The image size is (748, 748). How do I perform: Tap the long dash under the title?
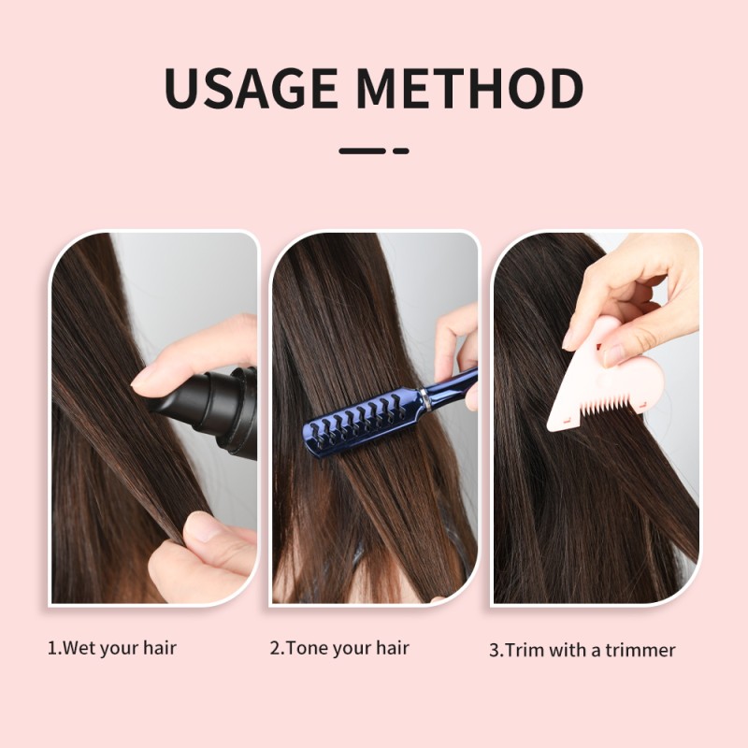click(x=362, y=150)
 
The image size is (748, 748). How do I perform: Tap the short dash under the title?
click(x=401, y=150)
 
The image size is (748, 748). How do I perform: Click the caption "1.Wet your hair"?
click(x=111, y=647)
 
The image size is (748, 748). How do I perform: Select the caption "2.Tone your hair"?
click(x=339, y=647)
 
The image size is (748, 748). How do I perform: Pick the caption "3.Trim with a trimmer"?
click(x=582, y=650)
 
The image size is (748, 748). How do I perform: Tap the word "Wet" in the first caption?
click(x=77, y=647)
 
